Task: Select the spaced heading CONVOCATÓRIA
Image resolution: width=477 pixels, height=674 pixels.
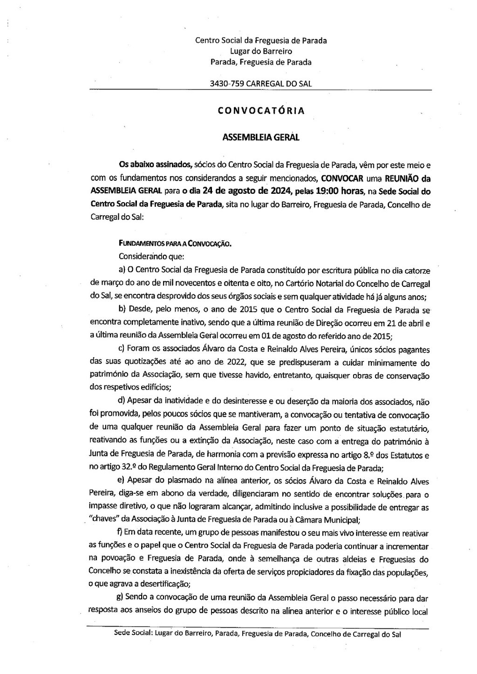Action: (261, 111)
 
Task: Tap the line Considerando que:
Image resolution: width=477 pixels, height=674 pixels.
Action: (152, 256)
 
